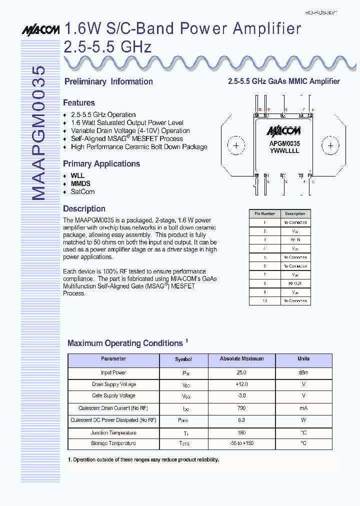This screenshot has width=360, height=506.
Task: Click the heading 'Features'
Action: [x=78, y=102]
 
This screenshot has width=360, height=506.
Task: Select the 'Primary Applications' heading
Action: [x=101, y=163]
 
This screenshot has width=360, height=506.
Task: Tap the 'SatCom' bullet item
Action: [x=82, y=191]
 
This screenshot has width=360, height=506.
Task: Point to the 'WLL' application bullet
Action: [x=77, y=175]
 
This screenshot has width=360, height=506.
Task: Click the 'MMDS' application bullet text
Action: [x=80, y=183]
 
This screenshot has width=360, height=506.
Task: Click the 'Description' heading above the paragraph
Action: [x=84, y=208]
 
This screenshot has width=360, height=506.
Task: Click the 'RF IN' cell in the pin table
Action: [x=295, y=240]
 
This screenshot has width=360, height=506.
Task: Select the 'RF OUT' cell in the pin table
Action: [x=295, y=283]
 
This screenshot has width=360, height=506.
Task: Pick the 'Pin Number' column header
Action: [x=264, y=213]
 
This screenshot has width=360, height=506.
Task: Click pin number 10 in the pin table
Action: [x=264, y=301]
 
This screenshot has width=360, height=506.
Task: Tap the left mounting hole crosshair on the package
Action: [x=236, y=146]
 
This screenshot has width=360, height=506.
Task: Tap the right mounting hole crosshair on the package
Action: [x=330, y=146]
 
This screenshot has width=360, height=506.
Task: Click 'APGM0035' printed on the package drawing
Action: [x=284, y=143]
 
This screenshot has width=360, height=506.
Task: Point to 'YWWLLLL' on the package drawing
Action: [x=284, y=150]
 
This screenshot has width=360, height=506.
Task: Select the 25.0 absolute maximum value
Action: [x=241, y=372]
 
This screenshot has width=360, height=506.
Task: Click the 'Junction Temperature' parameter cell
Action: [x=113, y=433]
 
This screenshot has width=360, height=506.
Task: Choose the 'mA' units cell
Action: [x=303, y=408]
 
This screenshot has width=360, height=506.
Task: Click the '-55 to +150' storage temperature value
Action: [x=241, y=443]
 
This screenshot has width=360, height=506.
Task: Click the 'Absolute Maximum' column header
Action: [x=241, y=359]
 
